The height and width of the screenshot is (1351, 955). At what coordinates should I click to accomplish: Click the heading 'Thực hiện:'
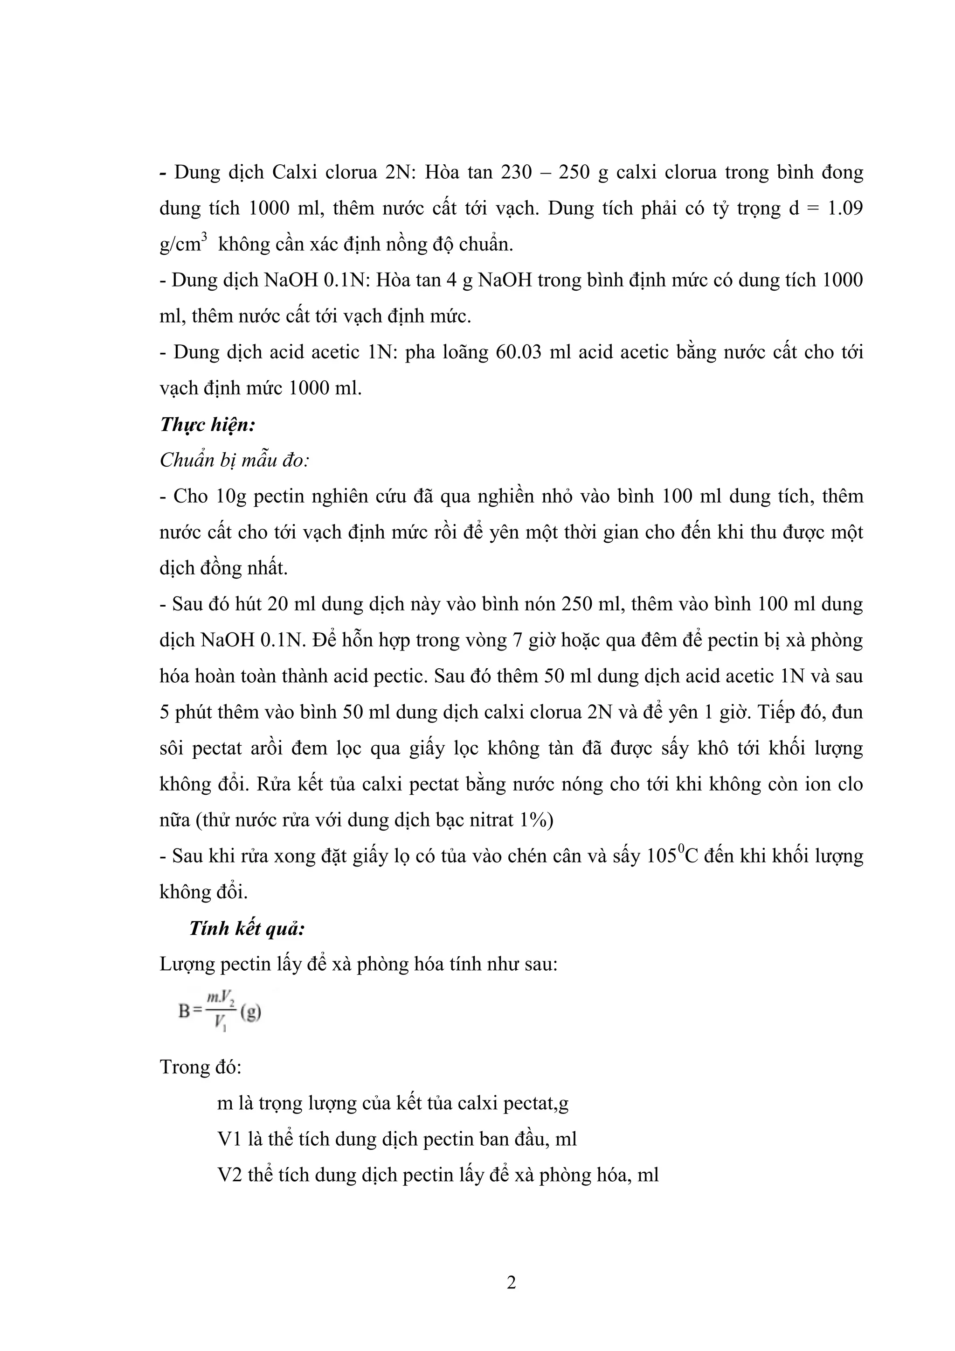(208, 425)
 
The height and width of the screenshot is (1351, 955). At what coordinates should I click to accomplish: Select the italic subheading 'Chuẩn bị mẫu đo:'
(235, 461)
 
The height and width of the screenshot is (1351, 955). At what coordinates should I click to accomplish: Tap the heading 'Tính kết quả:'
(247, 929)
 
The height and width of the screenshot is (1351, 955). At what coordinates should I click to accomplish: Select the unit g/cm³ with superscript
(183, 243)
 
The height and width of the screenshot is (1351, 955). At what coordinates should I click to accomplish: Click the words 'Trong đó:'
(201, 1067)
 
